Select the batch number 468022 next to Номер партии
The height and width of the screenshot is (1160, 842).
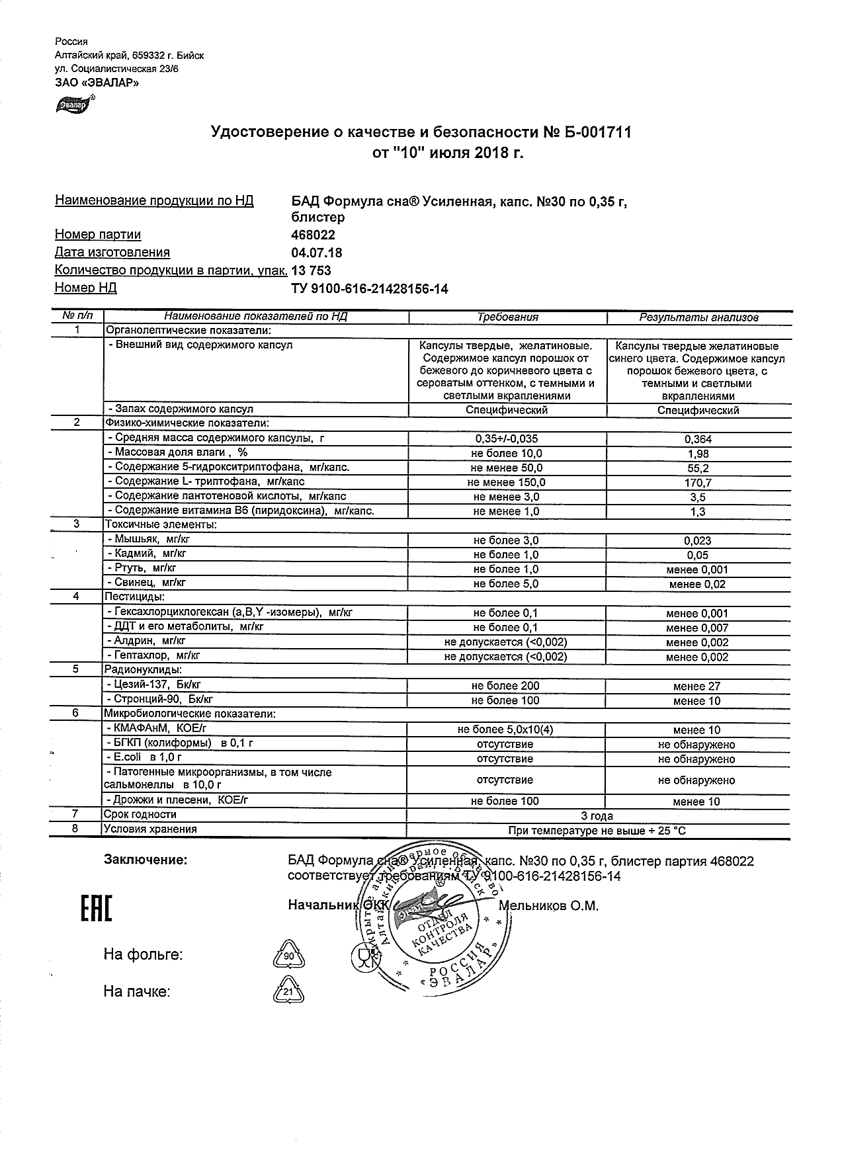pyautogui.click(x=313, y=235)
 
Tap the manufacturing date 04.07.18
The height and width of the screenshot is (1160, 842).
pyautogui.click(x=316, y=253)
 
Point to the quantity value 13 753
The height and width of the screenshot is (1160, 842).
pyautogui.click(x=311, y=270)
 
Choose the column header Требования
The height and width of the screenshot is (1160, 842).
pyautogui.click(x=507, y=317)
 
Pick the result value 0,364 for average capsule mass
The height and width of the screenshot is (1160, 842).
pyautogui.click(x=698, y=439)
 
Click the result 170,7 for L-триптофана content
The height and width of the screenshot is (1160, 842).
pyautogui.click(x=698, y=483)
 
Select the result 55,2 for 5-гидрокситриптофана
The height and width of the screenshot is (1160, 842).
pyautogui.click(x=698, y=468)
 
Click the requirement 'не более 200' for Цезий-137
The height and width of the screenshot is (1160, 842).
pyautogui.click(x=506, y=686)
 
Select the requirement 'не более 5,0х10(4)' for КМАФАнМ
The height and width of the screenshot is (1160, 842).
pyautogui.click(x=505, y=729)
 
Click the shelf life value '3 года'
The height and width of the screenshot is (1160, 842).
pyautogui.click(x=597, y=815)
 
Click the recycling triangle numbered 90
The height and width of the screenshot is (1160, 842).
pyautogui.click(x=288, y=955)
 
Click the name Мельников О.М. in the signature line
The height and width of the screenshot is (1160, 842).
pyautogui.click(x=548, y=906)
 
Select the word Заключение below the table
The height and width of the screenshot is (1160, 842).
pyautogui.click(x=146, y=860)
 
